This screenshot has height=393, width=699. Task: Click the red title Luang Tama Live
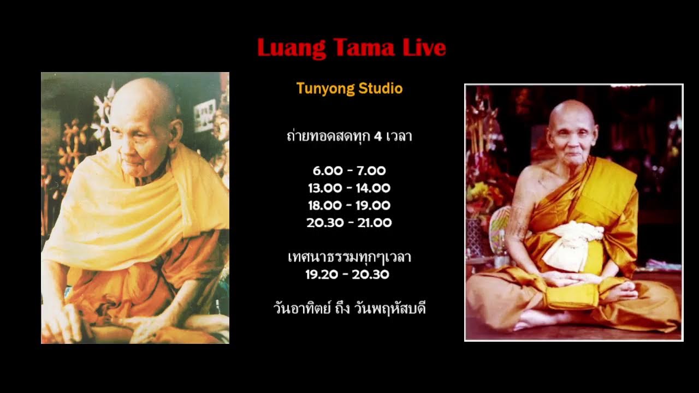pos(351,48)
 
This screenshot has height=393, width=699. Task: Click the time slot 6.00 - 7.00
pos(349,171)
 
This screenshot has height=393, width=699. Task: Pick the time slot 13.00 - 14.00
pos(349,188)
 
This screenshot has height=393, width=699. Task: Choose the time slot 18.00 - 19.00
pos(349,206)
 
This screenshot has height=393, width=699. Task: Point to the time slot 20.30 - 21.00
pos(349,223)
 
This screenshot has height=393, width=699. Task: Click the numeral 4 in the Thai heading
pos(377,136)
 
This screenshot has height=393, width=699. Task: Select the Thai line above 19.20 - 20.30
pos(349,257)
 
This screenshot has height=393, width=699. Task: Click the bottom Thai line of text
pos(349,309)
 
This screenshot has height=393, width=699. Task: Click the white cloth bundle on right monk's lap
pos(574,248)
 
